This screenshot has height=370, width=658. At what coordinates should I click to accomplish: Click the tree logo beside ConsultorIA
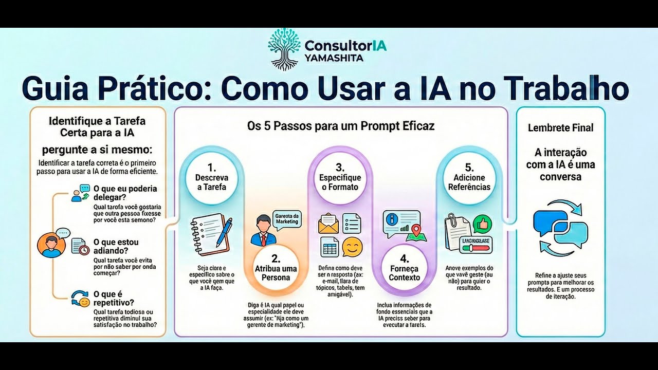click(x=284, y=49)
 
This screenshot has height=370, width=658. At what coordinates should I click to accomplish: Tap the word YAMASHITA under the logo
click(x=334, y=58)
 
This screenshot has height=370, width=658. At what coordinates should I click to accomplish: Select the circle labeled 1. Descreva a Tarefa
click(x=211, y=178)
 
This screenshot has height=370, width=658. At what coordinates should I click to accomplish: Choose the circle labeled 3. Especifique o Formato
click(x=340, y=178)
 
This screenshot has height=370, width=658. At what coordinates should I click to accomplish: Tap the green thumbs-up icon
click(x=482, y=225)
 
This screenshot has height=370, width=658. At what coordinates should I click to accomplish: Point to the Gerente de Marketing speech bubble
click(x=287, y=218)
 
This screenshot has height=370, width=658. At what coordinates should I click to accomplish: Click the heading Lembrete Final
click(x=560, y=128)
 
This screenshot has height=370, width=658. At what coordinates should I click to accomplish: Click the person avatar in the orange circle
click(x=51, y=246)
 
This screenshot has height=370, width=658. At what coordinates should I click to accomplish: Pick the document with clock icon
click(x=79, y=246)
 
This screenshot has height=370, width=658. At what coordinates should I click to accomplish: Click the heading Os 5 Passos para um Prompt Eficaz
click(x=341, y=126)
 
